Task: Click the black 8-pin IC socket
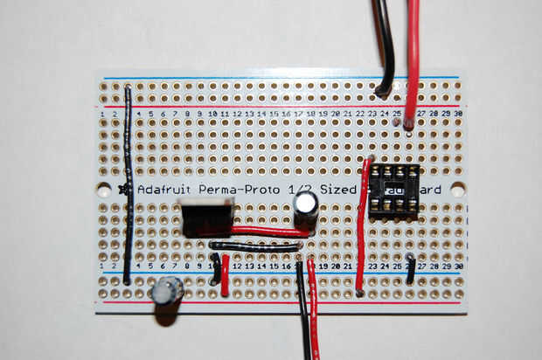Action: pyautogui.click(x=393, y=190)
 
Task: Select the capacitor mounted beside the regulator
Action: pyautogui.click(x=305, y=207)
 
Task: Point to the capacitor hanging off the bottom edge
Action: pyautogui.click(x=166, y=291)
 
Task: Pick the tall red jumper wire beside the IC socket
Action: pyautogui.click(x=362, y=227)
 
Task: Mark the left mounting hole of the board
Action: pyautogui.click(x=104, y=189)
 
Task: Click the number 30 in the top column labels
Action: pyautogui.click(x=458, y=114)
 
